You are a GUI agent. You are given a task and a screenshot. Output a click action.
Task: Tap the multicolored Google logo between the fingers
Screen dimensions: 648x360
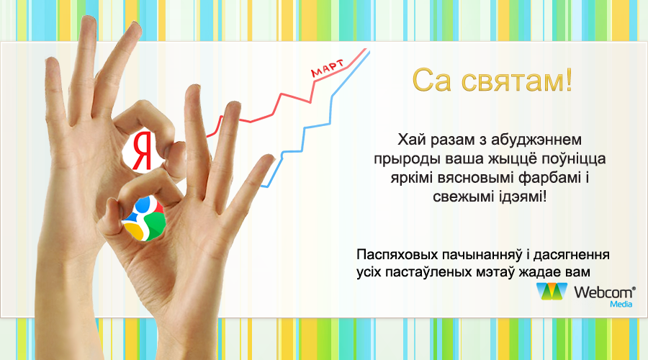tap(144, 219)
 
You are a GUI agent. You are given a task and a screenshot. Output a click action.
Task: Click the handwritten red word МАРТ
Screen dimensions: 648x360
tap(328, 68)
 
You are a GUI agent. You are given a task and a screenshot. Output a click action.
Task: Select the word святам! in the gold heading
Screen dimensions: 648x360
tap(516, 80)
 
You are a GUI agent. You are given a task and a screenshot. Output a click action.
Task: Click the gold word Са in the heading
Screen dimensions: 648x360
tap(432, 80)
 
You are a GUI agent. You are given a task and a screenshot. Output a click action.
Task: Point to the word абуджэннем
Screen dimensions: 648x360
tap(536, 140)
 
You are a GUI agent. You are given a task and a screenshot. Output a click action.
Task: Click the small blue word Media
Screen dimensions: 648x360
tap(621, 305)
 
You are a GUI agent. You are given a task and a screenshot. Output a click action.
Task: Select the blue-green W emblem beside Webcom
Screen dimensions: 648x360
tap(552, 292)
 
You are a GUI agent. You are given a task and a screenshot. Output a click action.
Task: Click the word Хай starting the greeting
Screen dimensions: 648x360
tap(412, 140)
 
